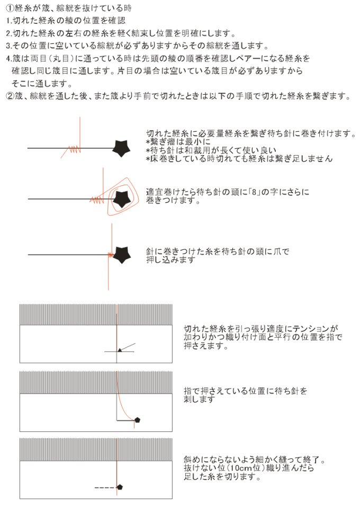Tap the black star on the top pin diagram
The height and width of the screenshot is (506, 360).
pyautogui.click(x=121, y=148)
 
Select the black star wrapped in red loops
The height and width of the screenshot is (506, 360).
pyautogui.click(x=122, y=199)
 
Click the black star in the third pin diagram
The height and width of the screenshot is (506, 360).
pyautogui.click(x=122, y=255)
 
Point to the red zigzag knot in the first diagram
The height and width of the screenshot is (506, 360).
pyautogui.click(x=74, y=149)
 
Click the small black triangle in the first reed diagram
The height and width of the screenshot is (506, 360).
pyautogui.click(x=120, y=350)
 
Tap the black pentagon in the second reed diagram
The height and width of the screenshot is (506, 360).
pyautogui.click(x=137, y=420)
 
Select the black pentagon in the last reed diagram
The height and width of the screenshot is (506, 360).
pyautogui.click(x=120, y=487)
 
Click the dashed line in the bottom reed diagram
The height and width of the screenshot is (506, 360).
pyautogui.click(x=105, y=487)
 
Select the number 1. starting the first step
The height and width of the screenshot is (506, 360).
pyautogui.click(x=9, y=21)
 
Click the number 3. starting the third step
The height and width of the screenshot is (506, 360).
pyautogui.click(x=9, y=46)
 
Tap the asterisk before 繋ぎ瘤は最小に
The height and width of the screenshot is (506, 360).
pyautogui.click(x=148, y=142)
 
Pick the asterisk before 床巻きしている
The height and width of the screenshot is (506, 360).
pyautogui.click(x=148, y=159)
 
